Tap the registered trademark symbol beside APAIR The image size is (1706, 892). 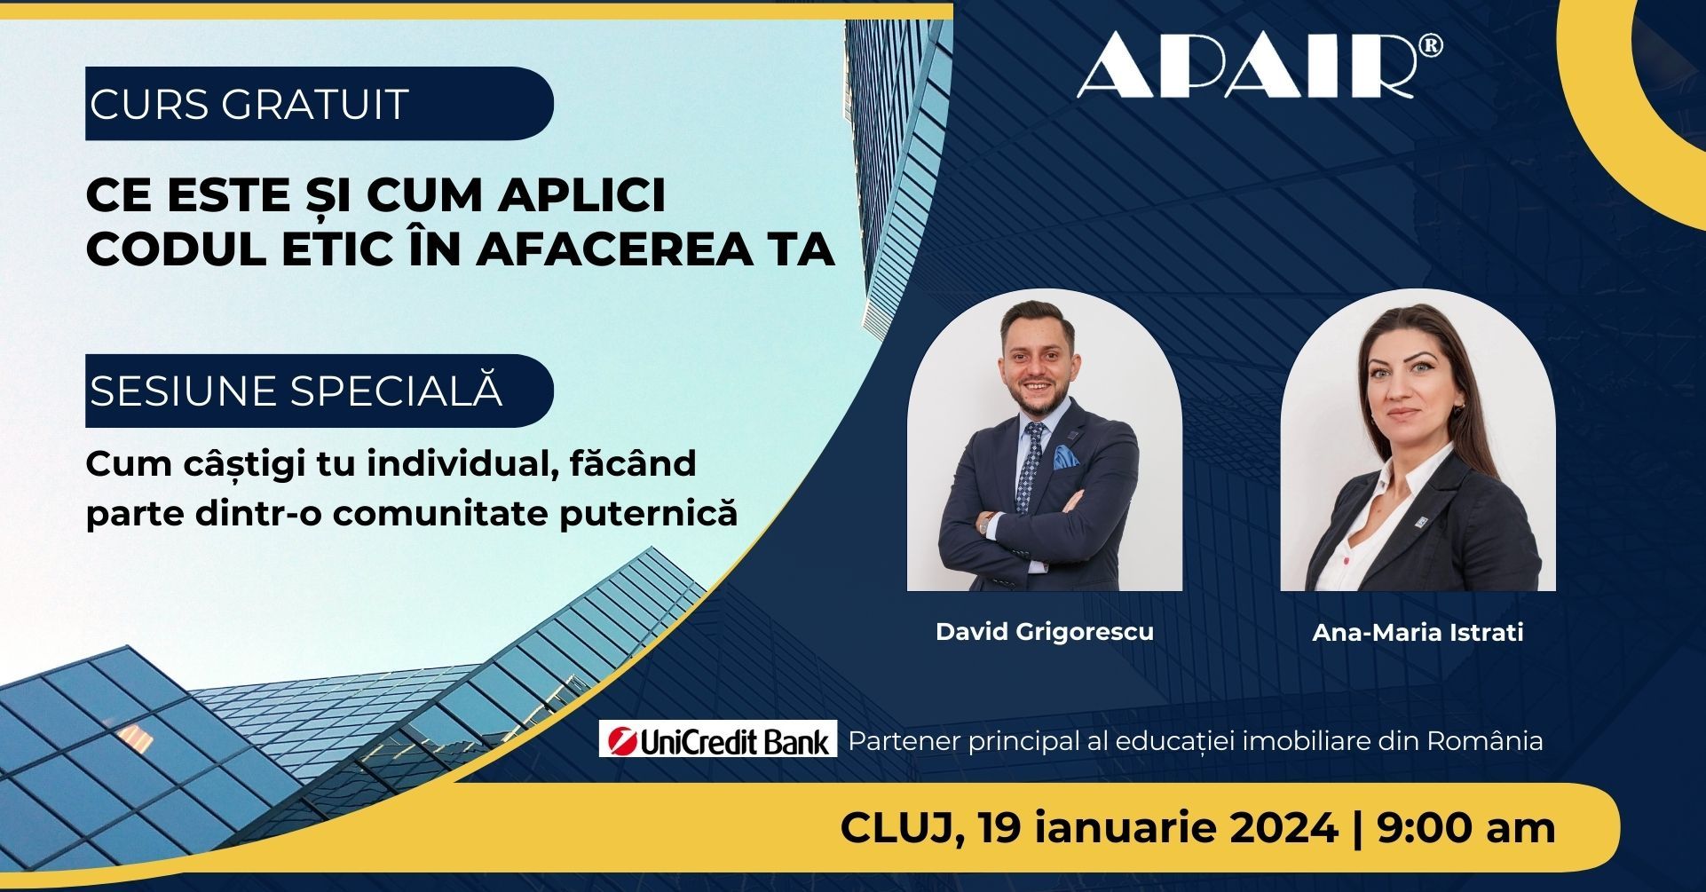pyautogui.click(x=1430, y=47)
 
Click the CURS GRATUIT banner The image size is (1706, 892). pyautogui.click(x=319, y=103)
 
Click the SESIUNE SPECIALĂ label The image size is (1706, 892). pyautogui.click(x=319, y=391)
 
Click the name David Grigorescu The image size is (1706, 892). pyautogui.click(x=1045, y=632)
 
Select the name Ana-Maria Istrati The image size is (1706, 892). pyautogui.click(x=1418, y=632)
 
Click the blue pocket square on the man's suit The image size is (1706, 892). pyautogui.click(x=1065, y=458)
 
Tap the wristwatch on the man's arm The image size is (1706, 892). pyautogui.click(x=984, y=524)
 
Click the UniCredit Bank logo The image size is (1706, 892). pyautogui.click(x=718, y=738)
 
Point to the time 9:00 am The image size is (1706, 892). pyautogui.click(x=1466, y=829)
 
